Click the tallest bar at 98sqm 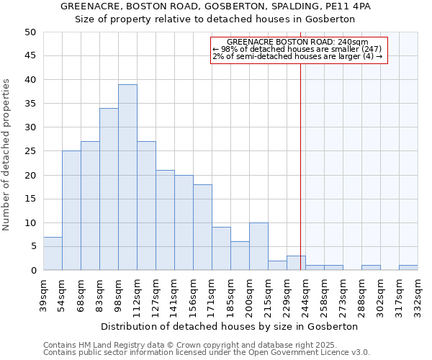(x=127, y=177)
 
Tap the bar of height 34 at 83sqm (x=109, y=189)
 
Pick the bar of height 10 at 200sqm (x=258, y=246)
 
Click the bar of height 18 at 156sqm (x=202, y=228)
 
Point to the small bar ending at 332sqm (x=408, y=268)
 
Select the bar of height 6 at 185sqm (x=240, y=256)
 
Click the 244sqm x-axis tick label (x=306, y=294)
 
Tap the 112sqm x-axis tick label (x=138, y=294)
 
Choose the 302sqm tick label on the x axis (x=381, y=294)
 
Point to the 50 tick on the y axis (x=30, y=32)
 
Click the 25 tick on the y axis (x=30, y=151)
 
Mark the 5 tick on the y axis (x=32, y=246)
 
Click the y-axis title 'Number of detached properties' (x=7, y=155)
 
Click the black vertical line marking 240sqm (x=300, y=166)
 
